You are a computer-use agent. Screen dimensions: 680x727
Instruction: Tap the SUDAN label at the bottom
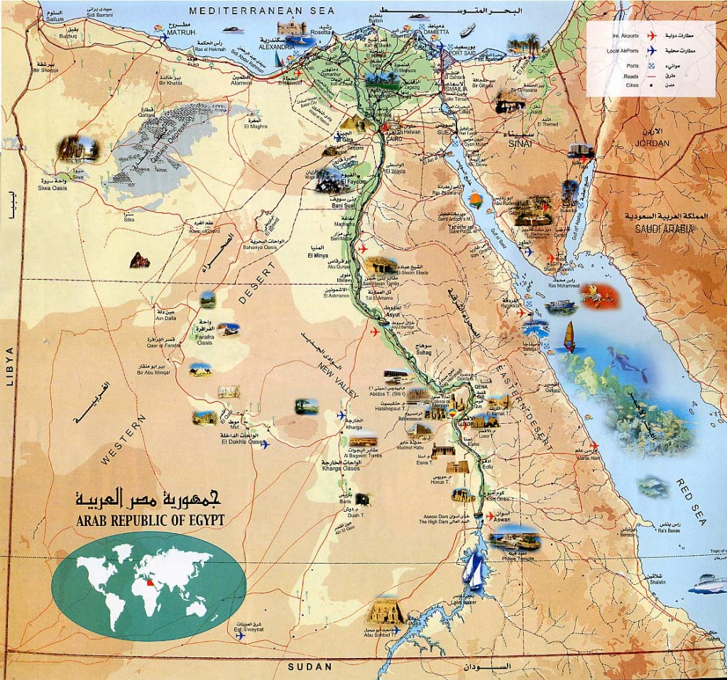point(310,667)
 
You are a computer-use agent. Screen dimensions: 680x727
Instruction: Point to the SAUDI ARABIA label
point(658,229)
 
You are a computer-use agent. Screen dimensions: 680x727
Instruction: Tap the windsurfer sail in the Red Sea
point(569,336)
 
